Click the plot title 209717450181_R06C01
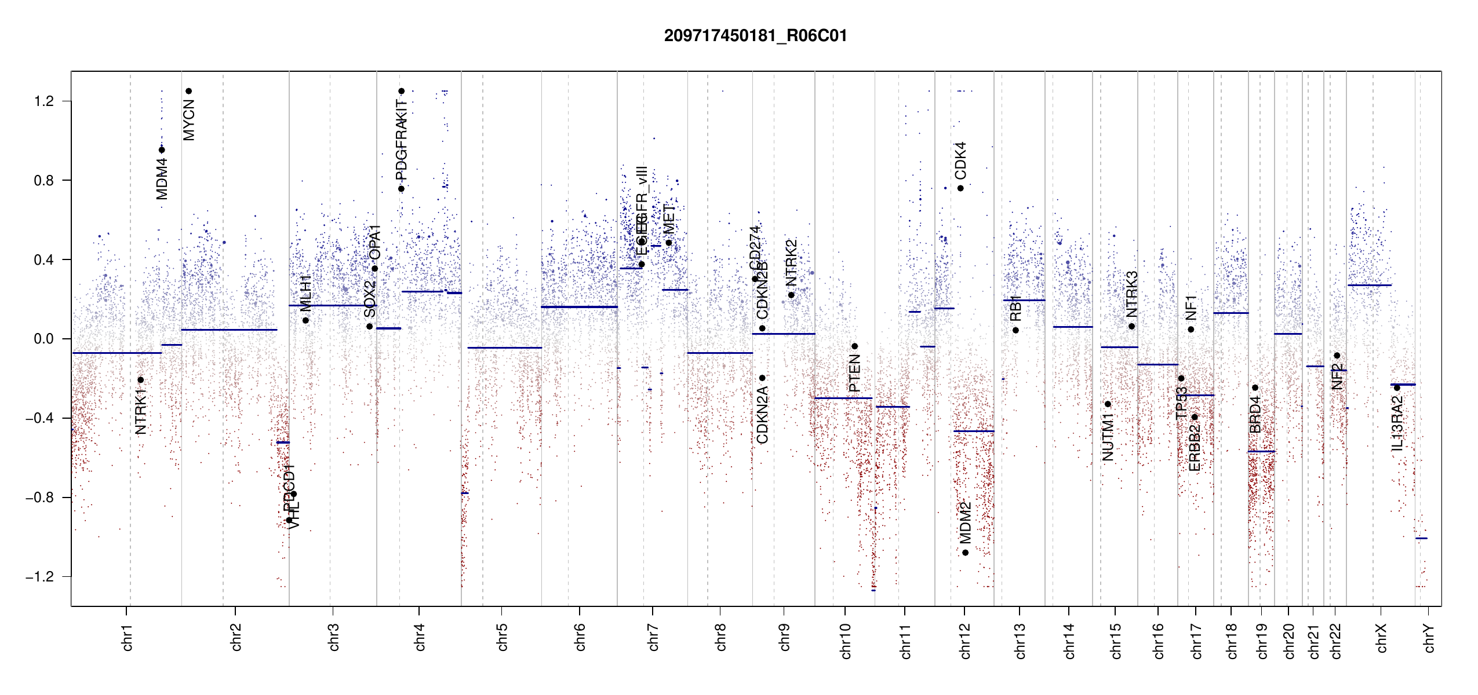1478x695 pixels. (x=755, y=36)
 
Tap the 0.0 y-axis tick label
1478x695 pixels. (x=44, y=339)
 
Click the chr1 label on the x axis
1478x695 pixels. (x=128, y=637)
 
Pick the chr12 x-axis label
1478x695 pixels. (x=965, y=641)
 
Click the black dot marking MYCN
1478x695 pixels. (x=188, y=91)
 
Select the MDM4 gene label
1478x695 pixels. (x=162, y=179)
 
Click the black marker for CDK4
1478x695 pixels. (x=960, y=188)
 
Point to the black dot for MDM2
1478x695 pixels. (x=966, y=553)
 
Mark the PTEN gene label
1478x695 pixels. (x=854, y=374)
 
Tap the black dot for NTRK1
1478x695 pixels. (x=140, y=380)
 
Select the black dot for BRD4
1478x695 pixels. (x=1255, y=387)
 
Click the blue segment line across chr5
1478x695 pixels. (x=504, y=348)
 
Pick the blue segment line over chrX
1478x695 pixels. (x=1369, y=285)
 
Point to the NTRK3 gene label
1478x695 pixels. (x=1132, y=294)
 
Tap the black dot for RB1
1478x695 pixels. (x=1015, y=330)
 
